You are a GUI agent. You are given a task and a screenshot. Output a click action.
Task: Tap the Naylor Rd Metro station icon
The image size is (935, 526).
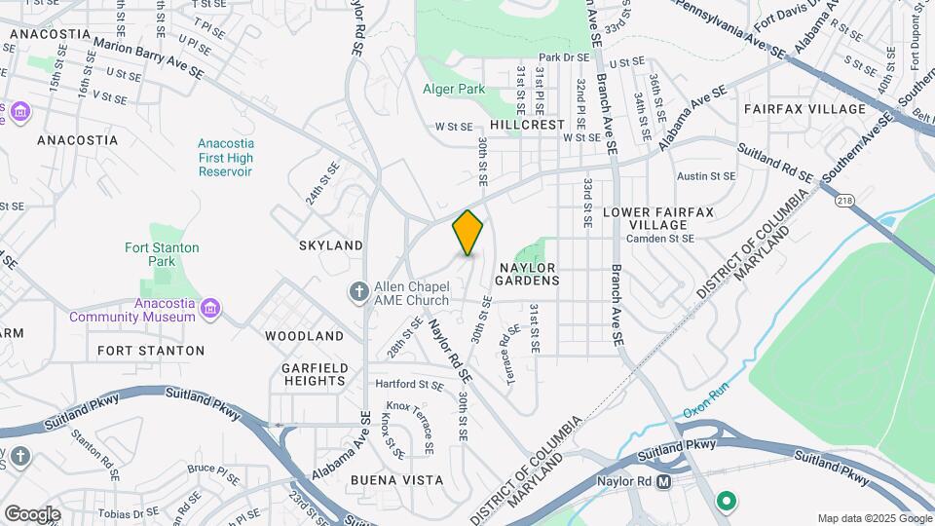point(664,481)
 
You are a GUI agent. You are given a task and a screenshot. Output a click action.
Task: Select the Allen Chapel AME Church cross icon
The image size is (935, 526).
point(359,291)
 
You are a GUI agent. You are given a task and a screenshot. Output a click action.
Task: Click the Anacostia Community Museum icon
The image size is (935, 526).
point(209,310)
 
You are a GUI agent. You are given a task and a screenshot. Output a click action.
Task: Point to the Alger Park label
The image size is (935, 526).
point(454,89)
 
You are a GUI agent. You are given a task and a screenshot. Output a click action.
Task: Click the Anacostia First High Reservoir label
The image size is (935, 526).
point(225,158)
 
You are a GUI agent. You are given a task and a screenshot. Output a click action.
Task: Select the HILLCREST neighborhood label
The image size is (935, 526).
point(528,125)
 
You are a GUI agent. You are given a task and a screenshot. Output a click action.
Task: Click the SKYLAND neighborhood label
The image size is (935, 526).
point(331,245)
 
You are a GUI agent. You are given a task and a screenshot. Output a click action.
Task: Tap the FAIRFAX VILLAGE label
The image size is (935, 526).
point(804,109)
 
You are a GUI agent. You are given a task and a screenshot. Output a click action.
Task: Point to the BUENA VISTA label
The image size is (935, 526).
point(397,480)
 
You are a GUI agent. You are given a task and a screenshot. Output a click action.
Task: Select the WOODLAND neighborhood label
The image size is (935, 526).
point(304,336)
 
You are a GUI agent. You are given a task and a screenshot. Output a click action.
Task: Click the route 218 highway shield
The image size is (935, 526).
point(843,200)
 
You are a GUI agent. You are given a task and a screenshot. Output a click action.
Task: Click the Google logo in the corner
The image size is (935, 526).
point(32,513)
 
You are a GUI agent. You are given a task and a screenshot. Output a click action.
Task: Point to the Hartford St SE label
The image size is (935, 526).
point(409,385)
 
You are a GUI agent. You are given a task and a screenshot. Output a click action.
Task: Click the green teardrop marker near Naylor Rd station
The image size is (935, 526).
point(726,502)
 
